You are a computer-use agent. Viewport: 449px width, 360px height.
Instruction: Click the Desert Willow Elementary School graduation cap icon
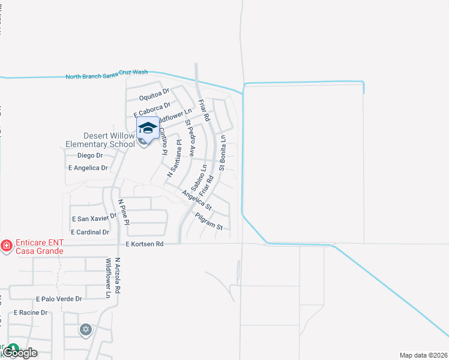tap(148, 128)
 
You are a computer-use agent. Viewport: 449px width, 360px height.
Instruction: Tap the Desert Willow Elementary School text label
tap(100, 140)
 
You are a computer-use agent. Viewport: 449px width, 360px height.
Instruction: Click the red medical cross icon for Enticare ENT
tap(6, 245)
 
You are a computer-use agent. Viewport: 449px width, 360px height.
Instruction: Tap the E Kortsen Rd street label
tap(145, 244)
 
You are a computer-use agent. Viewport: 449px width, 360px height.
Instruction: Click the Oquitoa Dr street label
tap(154, 95)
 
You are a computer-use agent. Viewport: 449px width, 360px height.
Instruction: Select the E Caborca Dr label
tap(152, 109)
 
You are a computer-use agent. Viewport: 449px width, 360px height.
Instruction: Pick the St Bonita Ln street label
tap(222, 152)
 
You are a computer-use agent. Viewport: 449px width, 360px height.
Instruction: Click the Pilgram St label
tap(208, 221)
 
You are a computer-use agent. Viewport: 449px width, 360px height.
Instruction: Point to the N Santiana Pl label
tap(174, 159)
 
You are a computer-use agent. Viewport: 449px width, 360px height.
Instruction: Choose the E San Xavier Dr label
tap(94, 219)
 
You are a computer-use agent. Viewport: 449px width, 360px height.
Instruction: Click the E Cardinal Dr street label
tap(90, 232)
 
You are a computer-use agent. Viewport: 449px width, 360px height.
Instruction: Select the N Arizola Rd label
tap(118, 275)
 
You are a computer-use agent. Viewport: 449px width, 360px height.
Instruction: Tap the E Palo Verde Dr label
tap(59, 298)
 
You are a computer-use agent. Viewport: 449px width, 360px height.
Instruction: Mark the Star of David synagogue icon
tap(86, 329)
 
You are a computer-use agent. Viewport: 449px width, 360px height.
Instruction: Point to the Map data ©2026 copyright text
tap(423, 355)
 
